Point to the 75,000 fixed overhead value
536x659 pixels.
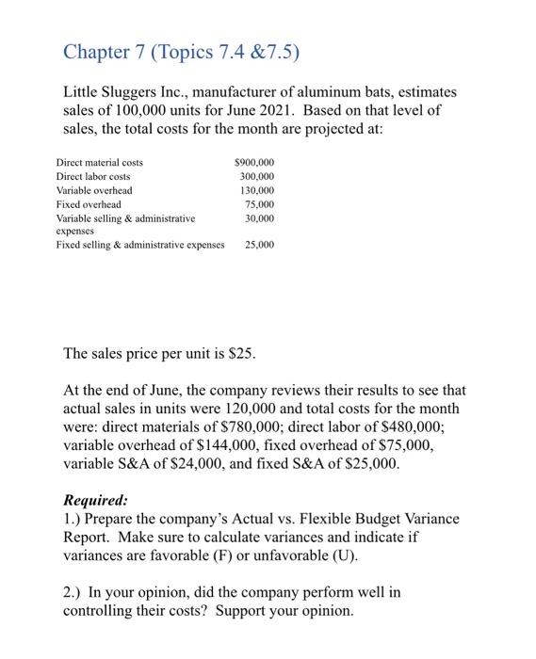click(x=259, y=203)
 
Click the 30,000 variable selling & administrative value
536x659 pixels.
click(x=259, y=217)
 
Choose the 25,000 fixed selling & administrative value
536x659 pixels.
click(x=259, y=245)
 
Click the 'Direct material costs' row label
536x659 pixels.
click(x=100, y=163)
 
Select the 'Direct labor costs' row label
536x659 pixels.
click(x=93, y=176)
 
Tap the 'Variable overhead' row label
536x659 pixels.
click(x=94, y=190)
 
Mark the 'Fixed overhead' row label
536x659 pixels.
click(x=89, y=203)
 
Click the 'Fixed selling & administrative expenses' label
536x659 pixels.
click(x=140, y=245)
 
